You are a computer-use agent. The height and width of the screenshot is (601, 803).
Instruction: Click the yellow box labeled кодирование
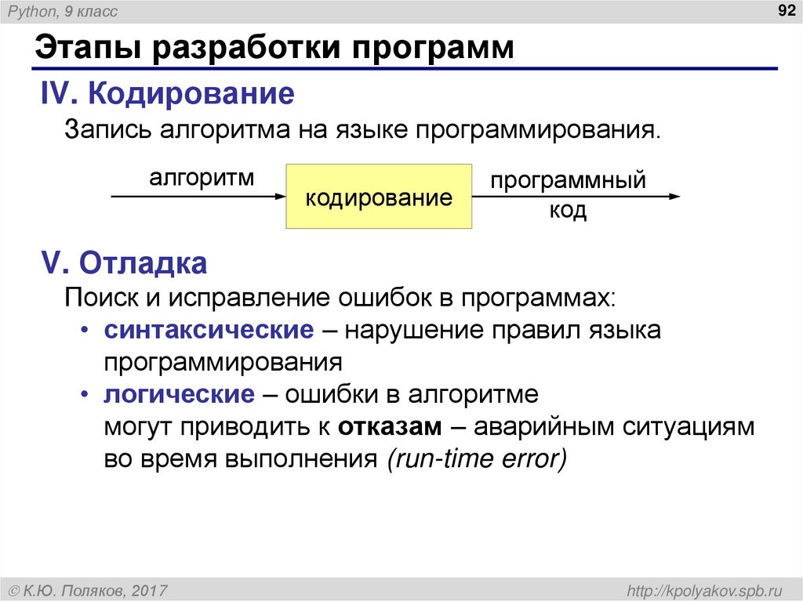[x=379, y=197]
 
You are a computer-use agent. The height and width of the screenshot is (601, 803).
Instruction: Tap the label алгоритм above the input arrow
[x=202, y=178]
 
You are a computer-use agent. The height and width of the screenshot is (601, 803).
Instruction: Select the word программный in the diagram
[x=569, y=181]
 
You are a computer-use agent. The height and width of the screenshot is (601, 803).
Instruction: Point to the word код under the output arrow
[x=568, y=211]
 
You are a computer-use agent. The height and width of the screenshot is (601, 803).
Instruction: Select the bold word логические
[x=180, y=394]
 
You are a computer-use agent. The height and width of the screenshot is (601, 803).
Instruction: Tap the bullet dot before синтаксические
[x=84, y=331]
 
